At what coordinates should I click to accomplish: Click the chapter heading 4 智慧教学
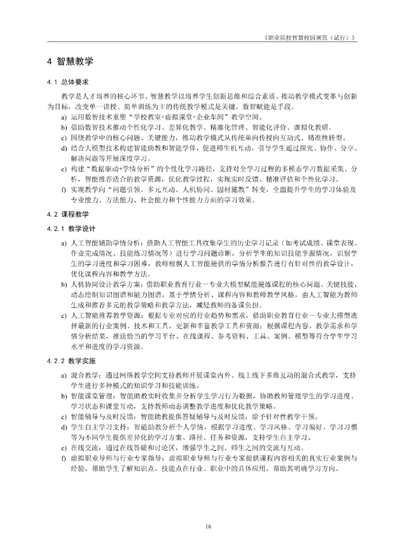[70, 61]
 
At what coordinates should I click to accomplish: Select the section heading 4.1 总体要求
[68, 81]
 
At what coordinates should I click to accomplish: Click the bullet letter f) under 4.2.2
[64, 459]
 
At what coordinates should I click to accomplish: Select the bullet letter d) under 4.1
[64, 149]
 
